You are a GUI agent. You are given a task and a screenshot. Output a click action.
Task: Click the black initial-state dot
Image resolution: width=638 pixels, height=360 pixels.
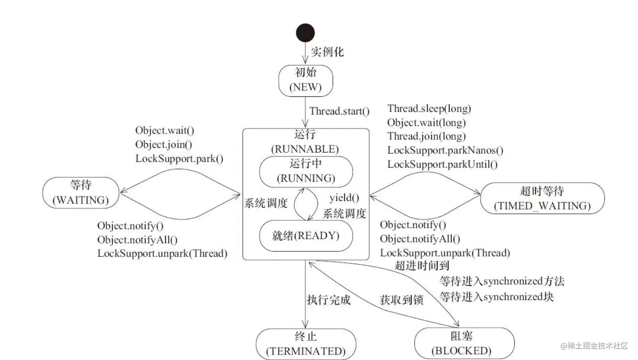[x=305, y=33]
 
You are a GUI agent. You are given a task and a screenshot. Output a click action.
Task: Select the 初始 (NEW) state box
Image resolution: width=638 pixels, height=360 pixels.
[x=306, y=80]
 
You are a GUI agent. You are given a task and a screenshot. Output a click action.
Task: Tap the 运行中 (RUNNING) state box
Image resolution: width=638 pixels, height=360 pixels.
[x=306, y=171]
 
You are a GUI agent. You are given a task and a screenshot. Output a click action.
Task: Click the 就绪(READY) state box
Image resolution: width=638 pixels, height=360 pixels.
[x=306, y=236]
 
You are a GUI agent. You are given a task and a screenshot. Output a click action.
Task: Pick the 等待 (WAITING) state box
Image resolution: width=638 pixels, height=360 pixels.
[x=81, y=193]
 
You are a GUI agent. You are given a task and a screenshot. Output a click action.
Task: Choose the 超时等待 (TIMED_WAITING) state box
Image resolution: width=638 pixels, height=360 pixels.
[x=542, y=198]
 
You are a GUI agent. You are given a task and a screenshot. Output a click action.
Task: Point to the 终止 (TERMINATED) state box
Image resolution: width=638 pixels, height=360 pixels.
[x=306, y=344]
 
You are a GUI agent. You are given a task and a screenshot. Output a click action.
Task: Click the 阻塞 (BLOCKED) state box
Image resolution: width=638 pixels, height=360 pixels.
[x=464, y=343]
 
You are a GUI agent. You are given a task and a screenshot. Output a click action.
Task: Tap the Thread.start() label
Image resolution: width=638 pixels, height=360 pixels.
[x=339, y=111]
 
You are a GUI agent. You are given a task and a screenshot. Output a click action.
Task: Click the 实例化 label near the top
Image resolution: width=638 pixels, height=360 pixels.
[x=327, y=52]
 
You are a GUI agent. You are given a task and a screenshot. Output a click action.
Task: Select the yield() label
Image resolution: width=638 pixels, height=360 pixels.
[x=344, y=198]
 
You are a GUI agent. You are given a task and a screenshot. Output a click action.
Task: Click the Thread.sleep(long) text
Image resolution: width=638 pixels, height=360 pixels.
[x=429, y=109]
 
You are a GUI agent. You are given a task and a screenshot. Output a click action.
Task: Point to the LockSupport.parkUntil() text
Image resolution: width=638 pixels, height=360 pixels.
[x=442, y=164]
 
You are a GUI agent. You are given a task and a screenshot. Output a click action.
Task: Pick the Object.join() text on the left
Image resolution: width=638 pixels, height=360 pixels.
[x=163, y=145]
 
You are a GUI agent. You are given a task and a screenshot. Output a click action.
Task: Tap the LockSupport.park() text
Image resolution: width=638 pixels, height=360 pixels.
[x=179, y=158]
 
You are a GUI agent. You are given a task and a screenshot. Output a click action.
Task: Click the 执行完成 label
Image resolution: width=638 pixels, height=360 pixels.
[x=329, y=300]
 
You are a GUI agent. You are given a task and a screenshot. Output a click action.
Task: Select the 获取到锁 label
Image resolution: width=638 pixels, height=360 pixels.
[x=401, y=300]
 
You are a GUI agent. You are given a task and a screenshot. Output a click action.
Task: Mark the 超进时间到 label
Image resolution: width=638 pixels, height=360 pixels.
[x=421, y=266]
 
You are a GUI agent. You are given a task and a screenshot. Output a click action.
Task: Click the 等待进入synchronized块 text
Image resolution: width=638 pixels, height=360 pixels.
[x=496, y=297]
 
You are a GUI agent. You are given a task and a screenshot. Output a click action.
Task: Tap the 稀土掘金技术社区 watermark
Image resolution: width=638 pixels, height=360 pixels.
[x=594, y=346]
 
